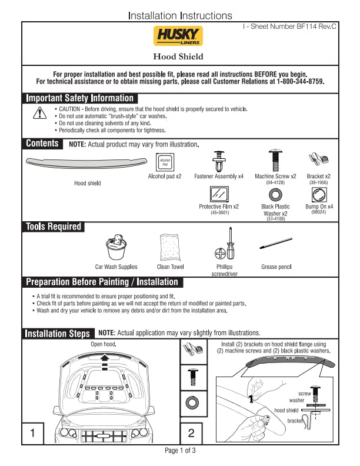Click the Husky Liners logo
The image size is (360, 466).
point(178,36)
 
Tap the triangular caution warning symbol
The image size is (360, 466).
point(39,113)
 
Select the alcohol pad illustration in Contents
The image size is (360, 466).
point(165,162)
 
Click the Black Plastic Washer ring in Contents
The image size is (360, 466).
point(275,195)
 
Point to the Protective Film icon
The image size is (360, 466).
point(219,194)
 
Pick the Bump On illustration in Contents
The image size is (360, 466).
point(319,195)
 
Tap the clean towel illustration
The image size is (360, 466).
point(170,247)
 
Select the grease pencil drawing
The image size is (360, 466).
point(276,243)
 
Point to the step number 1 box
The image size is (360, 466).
point(33,433)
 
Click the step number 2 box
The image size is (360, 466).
point(191,433)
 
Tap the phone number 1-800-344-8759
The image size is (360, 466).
point(300,81)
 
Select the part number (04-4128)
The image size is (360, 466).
point(275,182)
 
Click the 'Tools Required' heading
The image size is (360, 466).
point(53,227)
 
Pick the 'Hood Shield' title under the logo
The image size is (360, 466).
point(178,56)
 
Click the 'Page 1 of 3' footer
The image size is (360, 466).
point(180,451)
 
